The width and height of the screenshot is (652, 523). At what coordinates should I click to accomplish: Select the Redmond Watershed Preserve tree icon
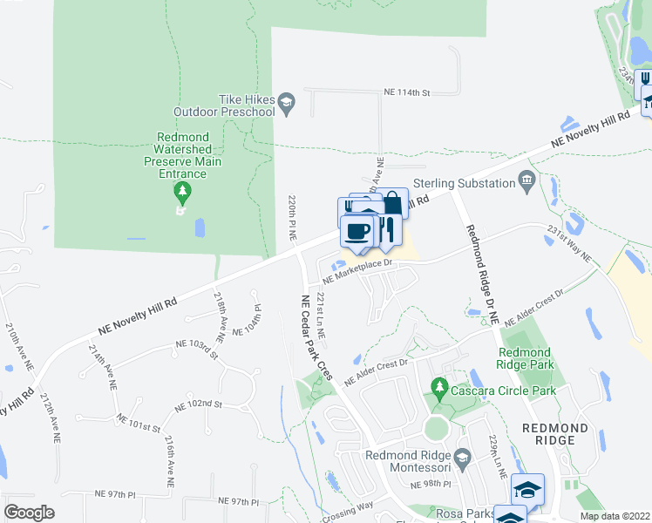[181, 190]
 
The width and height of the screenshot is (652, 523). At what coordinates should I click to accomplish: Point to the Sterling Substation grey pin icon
[526, 182]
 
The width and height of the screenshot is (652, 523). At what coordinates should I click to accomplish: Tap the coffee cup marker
[357, 232]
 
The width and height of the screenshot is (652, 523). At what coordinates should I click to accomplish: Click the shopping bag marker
[392, 203]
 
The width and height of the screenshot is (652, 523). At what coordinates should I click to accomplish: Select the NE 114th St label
[408, 92]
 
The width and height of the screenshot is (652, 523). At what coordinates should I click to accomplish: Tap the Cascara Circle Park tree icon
[440, 385]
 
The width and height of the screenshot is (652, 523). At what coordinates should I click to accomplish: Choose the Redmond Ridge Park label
[524, 358]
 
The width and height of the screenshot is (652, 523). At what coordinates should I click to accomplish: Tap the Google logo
[30, 513]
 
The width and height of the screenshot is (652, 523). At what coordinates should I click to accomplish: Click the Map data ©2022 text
[615, 516]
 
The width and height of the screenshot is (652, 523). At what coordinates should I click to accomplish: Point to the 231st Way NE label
[569, 245]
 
